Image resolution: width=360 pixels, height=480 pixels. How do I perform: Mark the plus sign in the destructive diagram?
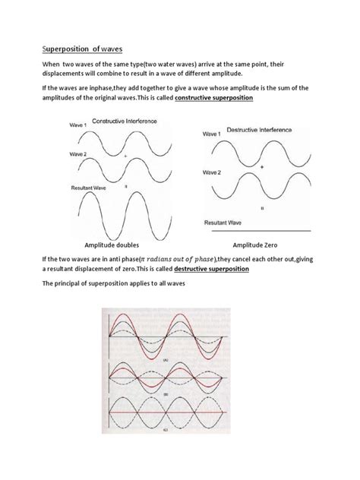[x=262, y=166]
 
